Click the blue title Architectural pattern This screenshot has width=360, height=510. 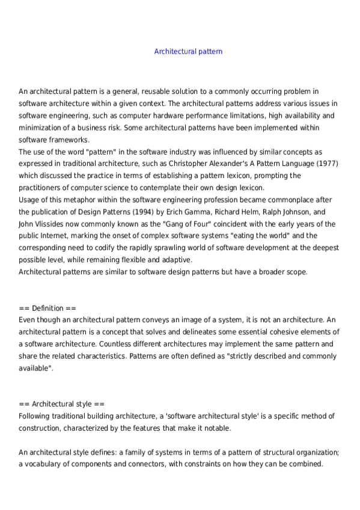point(188,52)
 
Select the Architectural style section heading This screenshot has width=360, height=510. point(62,404)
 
